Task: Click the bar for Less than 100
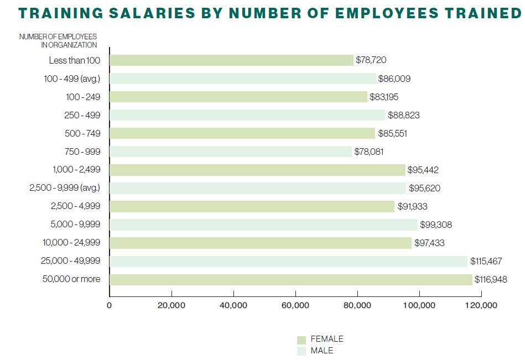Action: pos(231,60)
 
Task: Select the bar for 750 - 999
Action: pos(231,152)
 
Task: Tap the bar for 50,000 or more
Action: pos(291,279)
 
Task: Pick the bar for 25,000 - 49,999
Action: pos(289,261)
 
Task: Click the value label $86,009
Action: pos(394,79)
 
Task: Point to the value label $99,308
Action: pos(436,225)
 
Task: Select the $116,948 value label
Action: pos(491,279)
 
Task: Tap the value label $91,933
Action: pos(411,206)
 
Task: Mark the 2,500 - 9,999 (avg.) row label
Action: pos(65,188)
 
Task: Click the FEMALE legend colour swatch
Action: pos(302,340)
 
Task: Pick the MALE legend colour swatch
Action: pos(302,351)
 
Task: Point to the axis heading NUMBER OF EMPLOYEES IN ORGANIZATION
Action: pos(58,41)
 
